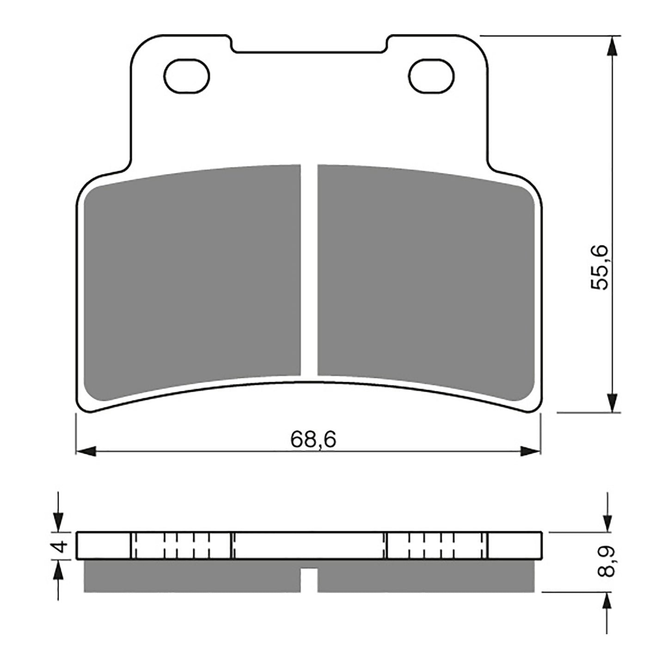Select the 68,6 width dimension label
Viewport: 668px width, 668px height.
[313, 440]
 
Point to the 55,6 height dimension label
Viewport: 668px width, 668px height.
[601, 268]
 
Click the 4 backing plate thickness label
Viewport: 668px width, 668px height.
[60, 547]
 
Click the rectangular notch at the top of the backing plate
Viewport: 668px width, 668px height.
[309, 44]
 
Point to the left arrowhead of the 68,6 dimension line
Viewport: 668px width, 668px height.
[86, 451]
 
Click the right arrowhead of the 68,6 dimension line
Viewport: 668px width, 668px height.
[531, 451]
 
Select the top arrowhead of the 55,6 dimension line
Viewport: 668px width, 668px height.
[612, 46]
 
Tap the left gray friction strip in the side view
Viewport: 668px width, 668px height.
[192, 577]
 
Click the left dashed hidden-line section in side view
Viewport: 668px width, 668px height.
[181, 546]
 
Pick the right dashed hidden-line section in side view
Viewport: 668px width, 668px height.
[436, 546]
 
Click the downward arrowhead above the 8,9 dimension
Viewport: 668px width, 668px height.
[606, 522]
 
